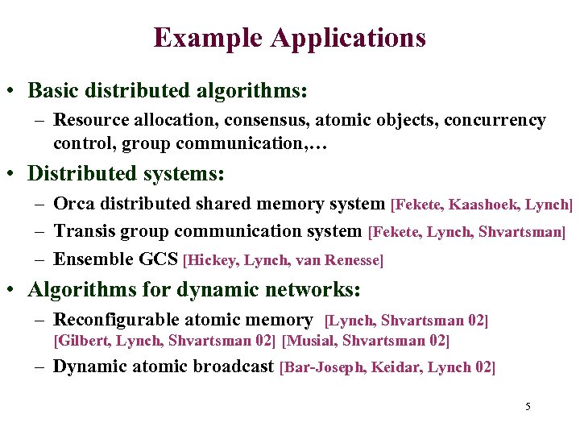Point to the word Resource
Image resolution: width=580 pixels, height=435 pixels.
(x=90, y=120)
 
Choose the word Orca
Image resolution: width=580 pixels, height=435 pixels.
(x=73, y=205)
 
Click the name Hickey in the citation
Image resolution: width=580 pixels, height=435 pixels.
(x=213, y=260)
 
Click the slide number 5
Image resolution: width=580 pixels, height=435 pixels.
(x=528, y=406)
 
